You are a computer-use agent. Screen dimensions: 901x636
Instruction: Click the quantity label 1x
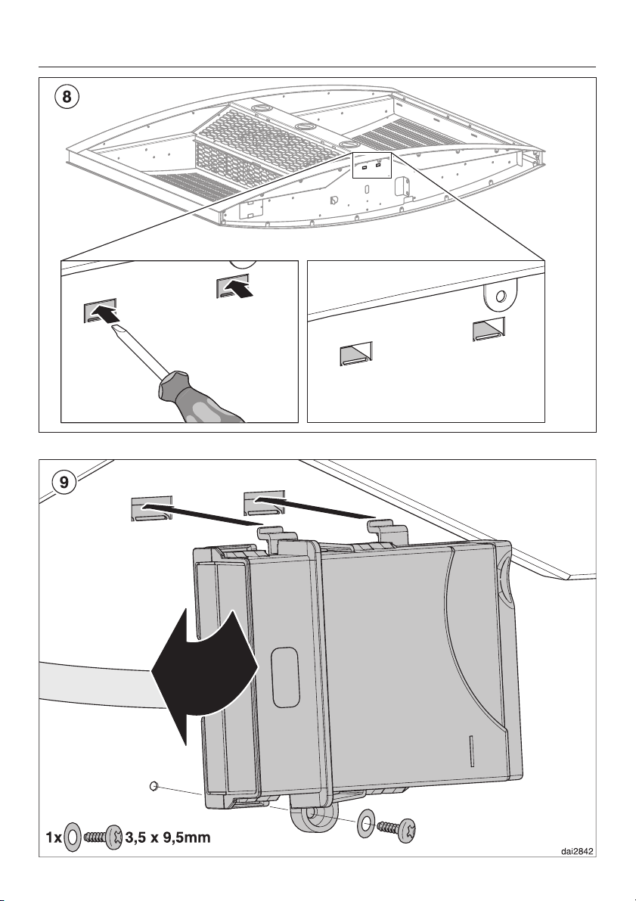pos(51,837)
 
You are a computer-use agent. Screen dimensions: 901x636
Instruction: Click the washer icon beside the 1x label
pos(72,837)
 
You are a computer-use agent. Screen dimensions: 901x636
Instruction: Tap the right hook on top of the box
pos(382,530)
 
